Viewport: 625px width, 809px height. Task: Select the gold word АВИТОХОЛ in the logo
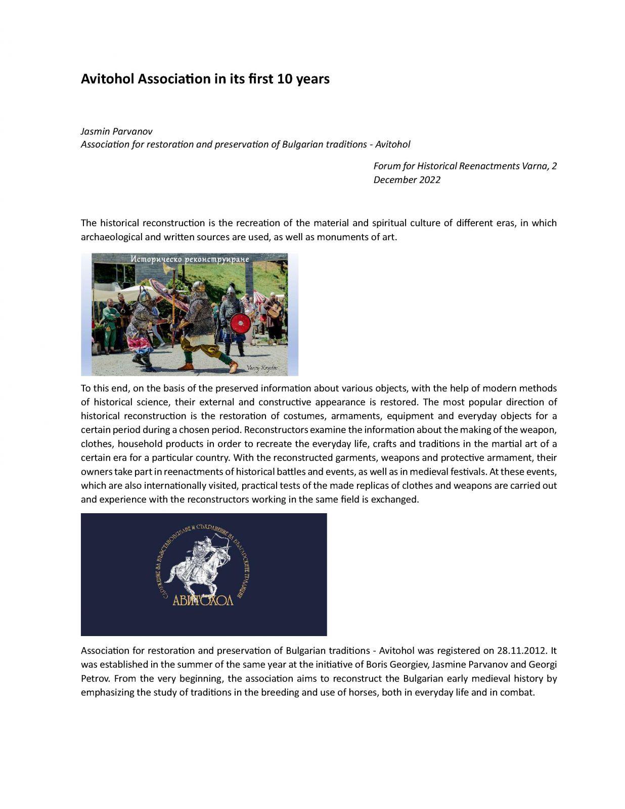point(203,600)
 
